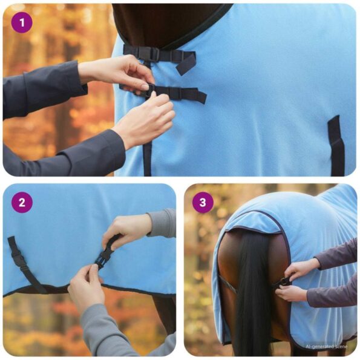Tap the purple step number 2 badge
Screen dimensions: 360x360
point(22,202)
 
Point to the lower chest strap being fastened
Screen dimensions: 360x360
point(175,93)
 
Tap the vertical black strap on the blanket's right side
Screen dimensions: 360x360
point(336,145)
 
